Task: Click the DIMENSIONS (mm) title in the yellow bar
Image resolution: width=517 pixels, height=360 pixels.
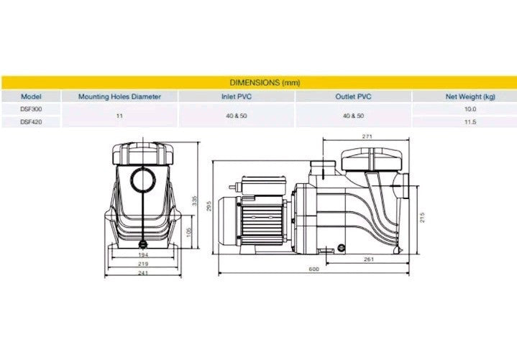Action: tap(265, 83)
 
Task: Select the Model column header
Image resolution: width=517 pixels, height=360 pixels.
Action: tap(31, 96)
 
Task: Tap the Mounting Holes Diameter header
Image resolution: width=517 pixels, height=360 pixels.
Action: tap(119, 96)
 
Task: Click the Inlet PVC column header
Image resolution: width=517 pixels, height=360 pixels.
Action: tap(236, 96)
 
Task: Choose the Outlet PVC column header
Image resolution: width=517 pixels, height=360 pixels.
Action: tap(353, 96)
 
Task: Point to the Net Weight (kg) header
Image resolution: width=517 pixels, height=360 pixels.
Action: tap(470, 96)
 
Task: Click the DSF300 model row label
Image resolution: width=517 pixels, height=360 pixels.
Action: tap(31, 109)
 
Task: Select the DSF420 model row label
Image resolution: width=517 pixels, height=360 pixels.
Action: tap(31, 122)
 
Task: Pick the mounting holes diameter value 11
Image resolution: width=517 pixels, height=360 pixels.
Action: tap(119, 116)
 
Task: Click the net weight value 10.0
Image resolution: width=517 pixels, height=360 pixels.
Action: tap(470, 109)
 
